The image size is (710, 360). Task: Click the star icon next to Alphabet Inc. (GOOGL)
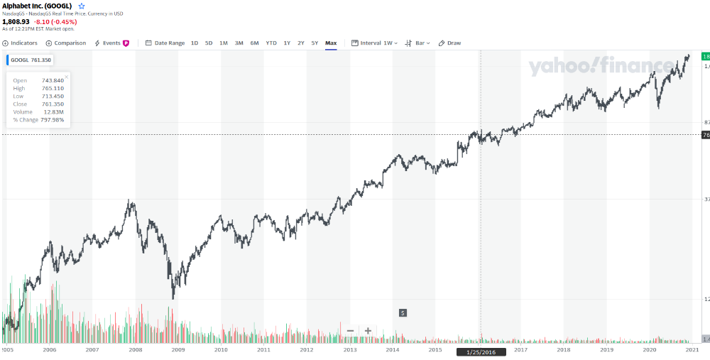82,6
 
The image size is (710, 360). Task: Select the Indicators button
21,43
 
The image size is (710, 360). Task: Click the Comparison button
66,43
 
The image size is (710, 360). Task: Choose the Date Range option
165,43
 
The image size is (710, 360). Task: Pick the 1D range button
195,43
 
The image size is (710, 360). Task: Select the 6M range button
254,43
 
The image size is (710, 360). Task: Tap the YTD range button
271,43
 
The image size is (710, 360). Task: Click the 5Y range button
315,43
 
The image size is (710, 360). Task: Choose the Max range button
331,43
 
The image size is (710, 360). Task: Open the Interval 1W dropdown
375,43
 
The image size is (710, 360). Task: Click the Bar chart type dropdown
416,43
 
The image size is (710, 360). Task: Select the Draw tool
450,43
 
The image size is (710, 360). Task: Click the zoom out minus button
350,331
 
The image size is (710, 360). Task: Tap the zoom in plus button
368,331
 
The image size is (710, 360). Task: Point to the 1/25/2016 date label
481,351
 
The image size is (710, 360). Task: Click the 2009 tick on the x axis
178,350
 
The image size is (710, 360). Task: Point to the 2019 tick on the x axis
606,350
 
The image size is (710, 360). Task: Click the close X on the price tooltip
67,76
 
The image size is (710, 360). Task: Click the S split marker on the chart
403,312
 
